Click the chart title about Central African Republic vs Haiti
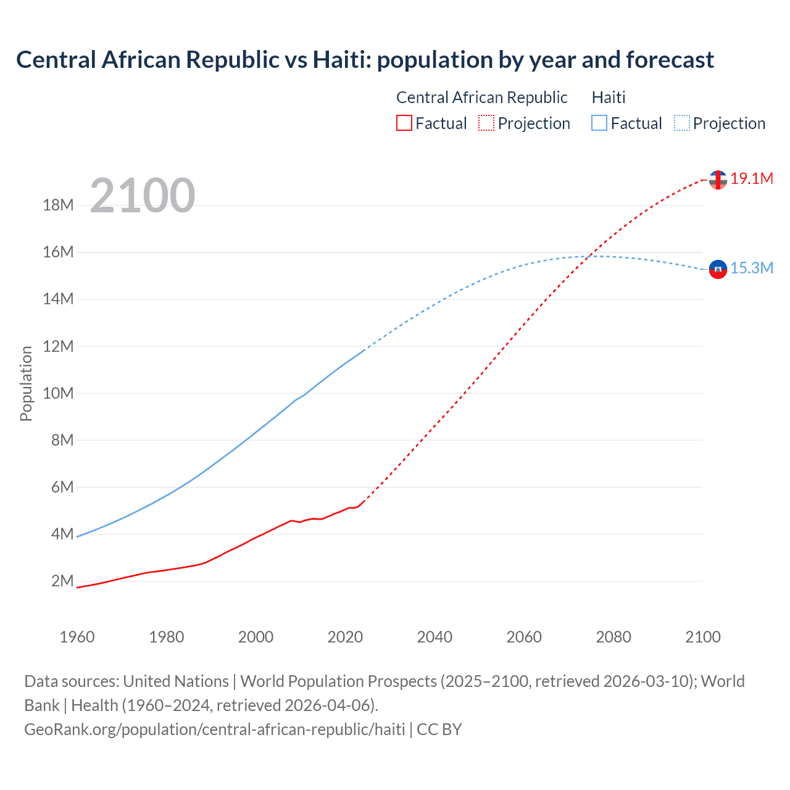[x=365, y=60]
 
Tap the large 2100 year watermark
[x=143, y=196]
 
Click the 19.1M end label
[x=752, y=179]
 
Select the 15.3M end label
[x=752, y=268]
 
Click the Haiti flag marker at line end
[x=718, y=269]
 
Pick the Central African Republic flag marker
[x=718, y=180]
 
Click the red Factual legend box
[x=404, y=123]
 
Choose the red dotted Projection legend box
[x=486, y=123]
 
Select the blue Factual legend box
[x=599, y=123]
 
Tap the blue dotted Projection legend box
[x=682, y=123]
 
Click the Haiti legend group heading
[x=609, y=98]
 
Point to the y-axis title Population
[x=26, y=383]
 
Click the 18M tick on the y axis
[x=59, y=206]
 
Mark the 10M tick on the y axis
[x=59, y=394]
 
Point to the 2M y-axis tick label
[x=62, y=581]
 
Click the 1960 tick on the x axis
[x=77, y=637]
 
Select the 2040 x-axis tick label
[x=434, y=637]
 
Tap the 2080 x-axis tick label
[x=613, y=637]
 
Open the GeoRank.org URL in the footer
[x=214, y=730]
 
